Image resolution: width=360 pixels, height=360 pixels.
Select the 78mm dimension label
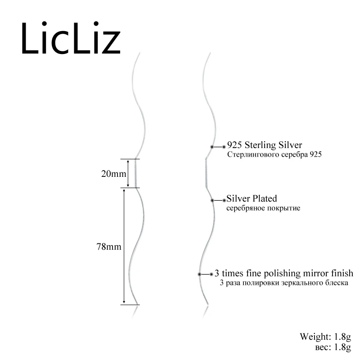pos(110,247)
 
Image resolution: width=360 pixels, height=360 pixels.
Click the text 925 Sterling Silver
pos(265,145)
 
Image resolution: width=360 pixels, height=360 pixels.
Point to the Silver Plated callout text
pos(252,198)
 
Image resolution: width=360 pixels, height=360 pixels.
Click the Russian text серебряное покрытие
pos(263,208)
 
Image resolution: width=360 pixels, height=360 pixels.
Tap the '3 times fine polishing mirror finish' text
pos(283,273)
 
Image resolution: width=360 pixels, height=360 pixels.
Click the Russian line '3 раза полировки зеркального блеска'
pos(284,283)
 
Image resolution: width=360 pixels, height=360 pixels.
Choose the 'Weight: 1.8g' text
pos(325,336)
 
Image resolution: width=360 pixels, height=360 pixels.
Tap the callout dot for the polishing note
pos(200,274)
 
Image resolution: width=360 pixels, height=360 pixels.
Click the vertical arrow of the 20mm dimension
pos(128,173)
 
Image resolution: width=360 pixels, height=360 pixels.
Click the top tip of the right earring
pos(210,54)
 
